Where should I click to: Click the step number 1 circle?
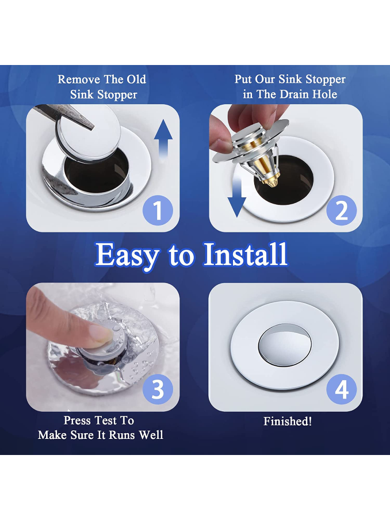click(x=158, y=211)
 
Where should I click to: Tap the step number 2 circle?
click(x=342, y=211)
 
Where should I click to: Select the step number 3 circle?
click(x=158, y=389)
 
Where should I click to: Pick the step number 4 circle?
click(x=342, y=389)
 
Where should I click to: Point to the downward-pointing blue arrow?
click(x=237, y=196)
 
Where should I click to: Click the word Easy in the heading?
click(x=127, y=255)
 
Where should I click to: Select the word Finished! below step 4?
click(x=288, y=421)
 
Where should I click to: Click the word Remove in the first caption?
click(x=79, y=79)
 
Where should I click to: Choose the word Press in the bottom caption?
click(x=77, y=420)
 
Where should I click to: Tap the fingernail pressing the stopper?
click(x=100, y=332)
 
